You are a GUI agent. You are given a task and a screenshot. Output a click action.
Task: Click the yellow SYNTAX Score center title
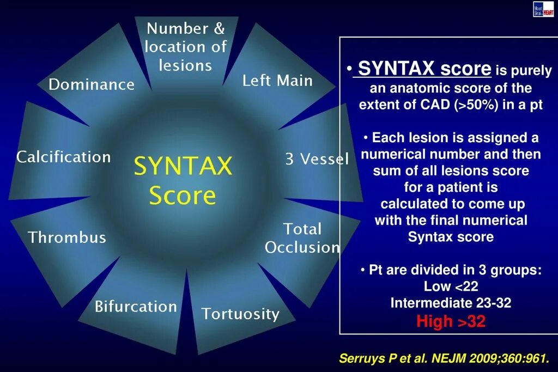183,180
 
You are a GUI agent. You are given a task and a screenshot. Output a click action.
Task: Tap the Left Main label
277,81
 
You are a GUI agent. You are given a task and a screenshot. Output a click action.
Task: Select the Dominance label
91,84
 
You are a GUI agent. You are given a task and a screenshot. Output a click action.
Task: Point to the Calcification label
63,157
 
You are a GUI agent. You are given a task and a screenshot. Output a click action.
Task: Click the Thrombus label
67,237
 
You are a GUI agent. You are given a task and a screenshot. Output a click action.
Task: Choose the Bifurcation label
136,307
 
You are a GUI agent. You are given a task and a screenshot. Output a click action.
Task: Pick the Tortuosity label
240,314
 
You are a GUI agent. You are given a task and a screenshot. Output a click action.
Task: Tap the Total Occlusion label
302,238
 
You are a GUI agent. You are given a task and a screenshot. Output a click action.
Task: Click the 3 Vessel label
317,160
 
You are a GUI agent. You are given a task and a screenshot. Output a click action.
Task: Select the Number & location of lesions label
185,47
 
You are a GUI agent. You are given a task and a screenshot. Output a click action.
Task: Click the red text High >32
451,321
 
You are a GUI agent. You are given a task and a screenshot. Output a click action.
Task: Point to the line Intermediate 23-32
451,303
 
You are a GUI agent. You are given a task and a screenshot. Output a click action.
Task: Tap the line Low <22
451,286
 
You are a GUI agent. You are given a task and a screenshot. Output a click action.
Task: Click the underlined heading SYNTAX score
424,69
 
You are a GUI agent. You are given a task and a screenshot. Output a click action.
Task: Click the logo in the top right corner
543,9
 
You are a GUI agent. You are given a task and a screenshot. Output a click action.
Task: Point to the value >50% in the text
475,105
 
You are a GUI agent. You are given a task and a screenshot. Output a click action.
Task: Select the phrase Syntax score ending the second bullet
451,237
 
